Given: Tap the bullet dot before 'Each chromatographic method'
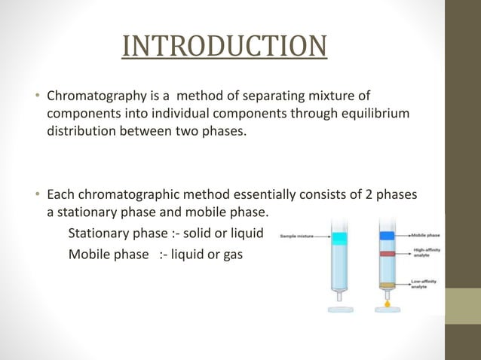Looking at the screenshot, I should (x=38, y=196).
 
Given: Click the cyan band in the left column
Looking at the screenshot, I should (x=338, y=237).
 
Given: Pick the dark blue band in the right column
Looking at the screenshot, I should (x=387, y=235).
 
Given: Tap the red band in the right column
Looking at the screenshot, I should (x=387, y=255).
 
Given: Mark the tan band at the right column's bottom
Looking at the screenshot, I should (x=387, y=285).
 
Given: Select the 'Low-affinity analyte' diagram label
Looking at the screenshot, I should (x=426, y=284).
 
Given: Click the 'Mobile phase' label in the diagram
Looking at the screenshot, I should (x=426, y=235).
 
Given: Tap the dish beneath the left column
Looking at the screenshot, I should (x=338, y=310).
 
